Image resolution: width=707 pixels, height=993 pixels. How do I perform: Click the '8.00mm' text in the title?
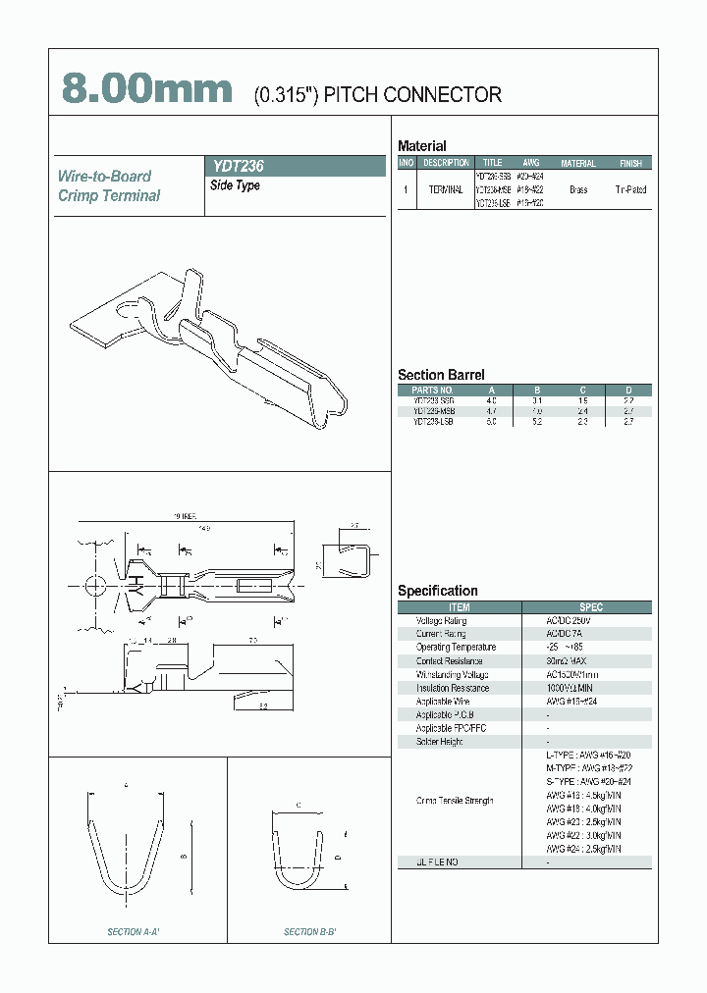pos(147,90)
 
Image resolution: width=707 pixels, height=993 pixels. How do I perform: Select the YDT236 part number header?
pos(239,167)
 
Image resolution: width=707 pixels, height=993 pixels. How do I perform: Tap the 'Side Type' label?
pos(236,185)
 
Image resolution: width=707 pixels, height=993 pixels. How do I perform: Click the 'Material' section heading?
pos(422,146)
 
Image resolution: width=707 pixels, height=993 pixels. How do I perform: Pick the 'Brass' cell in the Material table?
pos(578,189)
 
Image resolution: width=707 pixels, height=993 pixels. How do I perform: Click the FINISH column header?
pos(630,163)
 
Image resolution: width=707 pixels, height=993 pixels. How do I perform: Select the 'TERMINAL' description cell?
pos(446,189)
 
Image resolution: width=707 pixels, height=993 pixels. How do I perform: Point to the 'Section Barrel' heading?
pos(441,375)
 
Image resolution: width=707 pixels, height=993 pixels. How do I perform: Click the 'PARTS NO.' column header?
pos(433,391)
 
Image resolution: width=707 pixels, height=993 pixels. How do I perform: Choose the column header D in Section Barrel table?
pos(629,391)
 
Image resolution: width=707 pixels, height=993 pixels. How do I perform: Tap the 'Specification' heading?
pos(438,591)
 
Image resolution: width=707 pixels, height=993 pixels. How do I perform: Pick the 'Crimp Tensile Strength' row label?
pos(455,801)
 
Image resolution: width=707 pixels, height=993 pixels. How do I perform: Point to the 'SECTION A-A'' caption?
pos(134,931)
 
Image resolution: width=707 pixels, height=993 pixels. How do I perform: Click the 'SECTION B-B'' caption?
pos(310,931)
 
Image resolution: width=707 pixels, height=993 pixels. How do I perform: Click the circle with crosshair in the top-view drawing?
pos(96,584)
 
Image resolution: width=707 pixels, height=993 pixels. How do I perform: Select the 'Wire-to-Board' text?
pos(104,177)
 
